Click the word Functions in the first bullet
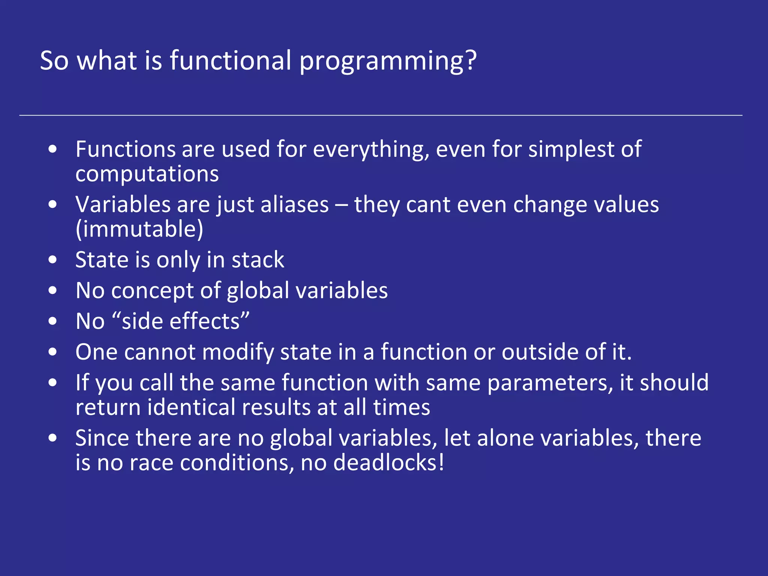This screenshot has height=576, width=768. pyautogui.click(x=125, y=149)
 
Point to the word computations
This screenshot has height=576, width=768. pyautogui.click(x=147, y=174)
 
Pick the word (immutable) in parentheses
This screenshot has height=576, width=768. pyautogui.click(x=139, y=229)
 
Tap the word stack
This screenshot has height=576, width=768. pyautogui.click(x=258, y=260)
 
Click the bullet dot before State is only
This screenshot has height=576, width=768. pyautogui.click(x=53, y=259)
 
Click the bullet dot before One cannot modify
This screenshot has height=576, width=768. pyautogui.click(x=53, y=352)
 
